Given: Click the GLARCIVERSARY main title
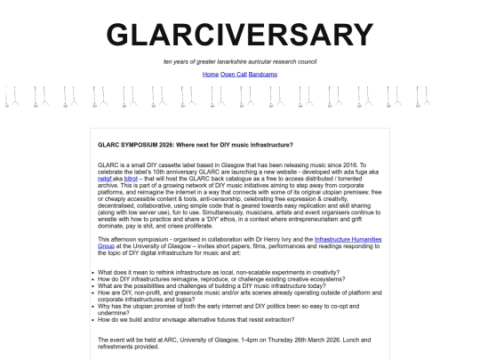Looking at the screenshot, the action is pos(240,35).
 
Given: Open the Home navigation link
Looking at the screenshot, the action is pos(211,74).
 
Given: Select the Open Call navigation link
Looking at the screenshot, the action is pos(234,74).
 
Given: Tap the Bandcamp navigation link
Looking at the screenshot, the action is pos(263,74).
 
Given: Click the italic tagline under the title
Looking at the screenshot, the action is pos(240,61).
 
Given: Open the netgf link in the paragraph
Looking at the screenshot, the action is pos(104,179).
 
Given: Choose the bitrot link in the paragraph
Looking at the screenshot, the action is pos(131,179).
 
